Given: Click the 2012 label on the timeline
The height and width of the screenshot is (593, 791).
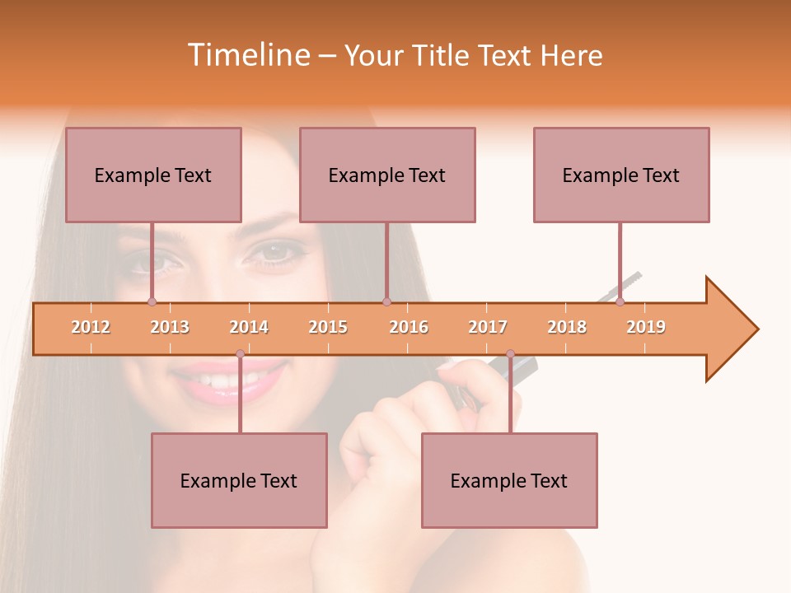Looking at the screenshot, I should point(91,327).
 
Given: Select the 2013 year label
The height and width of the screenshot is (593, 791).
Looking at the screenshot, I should point(170,327).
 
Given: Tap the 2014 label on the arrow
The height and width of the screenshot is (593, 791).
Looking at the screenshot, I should point(249,327).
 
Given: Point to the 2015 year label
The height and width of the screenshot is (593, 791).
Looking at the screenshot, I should point(328,327).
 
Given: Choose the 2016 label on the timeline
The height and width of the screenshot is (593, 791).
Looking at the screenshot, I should point(409,327).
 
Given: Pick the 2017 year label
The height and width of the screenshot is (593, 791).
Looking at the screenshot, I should point(488,327).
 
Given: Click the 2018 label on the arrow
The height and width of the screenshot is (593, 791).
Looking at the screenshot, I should point(567,327).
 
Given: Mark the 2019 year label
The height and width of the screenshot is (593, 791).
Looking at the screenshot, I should point(646,327).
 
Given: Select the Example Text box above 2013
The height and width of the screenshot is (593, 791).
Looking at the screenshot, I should point(153,175).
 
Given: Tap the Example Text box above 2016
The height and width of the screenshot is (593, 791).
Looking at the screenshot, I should point(387,175).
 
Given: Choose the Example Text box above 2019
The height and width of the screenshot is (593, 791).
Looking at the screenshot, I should point(621,175).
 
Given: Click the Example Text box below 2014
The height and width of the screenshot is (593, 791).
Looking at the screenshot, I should point(239,480).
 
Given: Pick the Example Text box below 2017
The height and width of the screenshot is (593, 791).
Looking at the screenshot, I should point(509,480).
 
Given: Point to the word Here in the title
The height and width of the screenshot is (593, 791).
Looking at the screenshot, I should point(571,55).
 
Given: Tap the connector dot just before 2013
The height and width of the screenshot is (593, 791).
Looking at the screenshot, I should point(152,301).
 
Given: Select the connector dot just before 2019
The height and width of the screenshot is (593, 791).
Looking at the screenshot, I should point(620,301).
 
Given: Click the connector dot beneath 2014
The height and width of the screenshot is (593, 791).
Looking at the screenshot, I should point(240,354).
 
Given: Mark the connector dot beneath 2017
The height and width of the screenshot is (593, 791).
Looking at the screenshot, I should point(510,354).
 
